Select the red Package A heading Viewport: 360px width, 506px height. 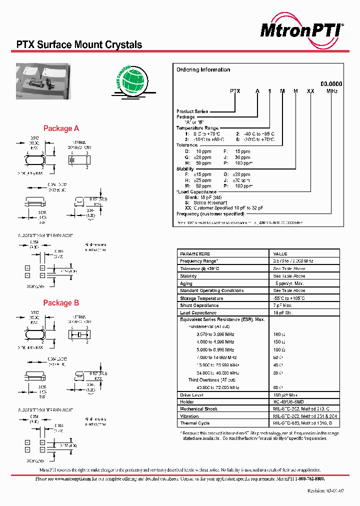[61, 128]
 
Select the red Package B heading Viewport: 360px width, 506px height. [61, 303]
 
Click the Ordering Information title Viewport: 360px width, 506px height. [203, 70]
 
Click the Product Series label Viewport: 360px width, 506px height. [192, 111]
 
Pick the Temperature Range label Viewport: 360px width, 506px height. [197, 128]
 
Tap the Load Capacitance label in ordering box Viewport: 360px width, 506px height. [197, 192]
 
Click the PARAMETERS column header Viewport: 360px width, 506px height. [195, 254]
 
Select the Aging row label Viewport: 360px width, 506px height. [186, 283]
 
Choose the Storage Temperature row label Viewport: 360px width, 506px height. [201, 298]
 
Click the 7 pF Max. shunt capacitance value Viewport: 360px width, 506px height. [282, 305]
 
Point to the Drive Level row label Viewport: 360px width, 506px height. [192, 394]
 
